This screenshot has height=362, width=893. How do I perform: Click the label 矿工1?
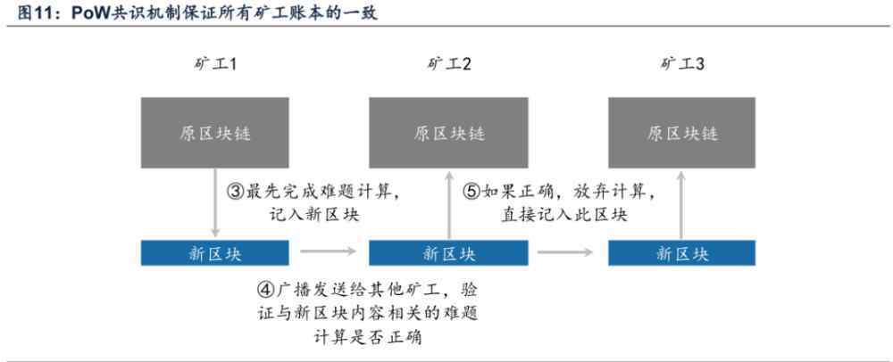tap(215, 64)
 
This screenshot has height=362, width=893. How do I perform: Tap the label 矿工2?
tap(449, 64)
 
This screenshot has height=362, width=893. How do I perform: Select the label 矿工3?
tap(681, 64)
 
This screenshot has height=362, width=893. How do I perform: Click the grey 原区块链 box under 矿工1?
tap(214, 133)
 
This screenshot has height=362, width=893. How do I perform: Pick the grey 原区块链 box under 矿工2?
tap(449, 133)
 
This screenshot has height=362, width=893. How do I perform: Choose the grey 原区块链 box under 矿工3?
tap(681, 133)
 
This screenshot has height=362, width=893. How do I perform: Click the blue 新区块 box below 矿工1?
tap(214, 253)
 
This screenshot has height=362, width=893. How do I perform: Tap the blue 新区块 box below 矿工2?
tap(449, 253)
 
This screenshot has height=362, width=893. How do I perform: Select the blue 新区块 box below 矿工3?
tap(681, 253)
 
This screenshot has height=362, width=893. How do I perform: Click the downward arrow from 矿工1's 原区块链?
tap(215, 203)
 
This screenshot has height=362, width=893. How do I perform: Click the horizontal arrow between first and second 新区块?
tap(329, 251)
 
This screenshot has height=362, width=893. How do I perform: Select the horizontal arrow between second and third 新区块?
tap(565, 251)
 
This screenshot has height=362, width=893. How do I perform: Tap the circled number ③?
tap(235, 192)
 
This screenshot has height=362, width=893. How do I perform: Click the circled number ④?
tap(265, 289)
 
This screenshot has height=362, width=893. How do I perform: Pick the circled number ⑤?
tap(472, 192)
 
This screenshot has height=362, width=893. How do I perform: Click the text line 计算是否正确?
tap(367, 338)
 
